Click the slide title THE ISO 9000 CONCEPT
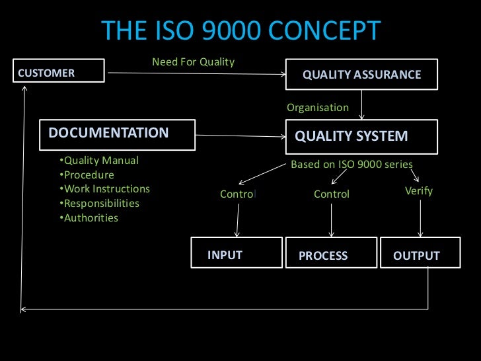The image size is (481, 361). point(240,31)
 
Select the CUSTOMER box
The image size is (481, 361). point(59,71)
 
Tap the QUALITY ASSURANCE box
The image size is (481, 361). point(361,75)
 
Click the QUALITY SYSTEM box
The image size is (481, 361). point(361,136)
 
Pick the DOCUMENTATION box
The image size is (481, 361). point(117,134)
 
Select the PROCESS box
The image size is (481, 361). point(330,253)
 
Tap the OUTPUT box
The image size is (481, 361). point(420,253)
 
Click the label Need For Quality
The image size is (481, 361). point(193,62)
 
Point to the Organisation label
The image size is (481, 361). point(317,107)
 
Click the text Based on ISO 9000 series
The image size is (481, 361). point(351,164)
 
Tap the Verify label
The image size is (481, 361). point(419,191)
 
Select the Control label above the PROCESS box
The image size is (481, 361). point(332,194)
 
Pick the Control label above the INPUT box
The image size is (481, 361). point(237,194)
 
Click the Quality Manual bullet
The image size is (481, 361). point(99,161)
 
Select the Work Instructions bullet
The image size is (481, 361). point(104,189)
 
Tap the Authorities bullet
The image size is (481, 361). point(89,218)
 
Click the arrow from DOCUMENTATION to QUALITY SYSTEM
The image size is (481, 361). point(240,136)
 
